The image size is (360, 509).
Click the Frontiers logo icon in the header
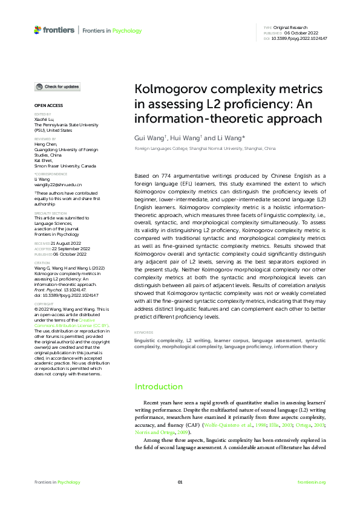pos(38,30)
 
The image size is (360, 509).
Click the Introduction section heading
pos(159,386)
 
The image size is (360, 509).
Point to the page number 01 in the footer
pos(180,482)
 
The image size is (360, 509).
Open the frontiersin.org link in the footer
pos(312,482)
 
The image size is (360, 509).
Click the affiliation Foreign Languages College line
pos(205,148)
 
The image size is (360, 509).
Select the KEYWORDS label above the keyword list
pos(144,332)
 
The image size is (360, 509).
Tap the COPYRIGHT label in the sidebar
pos(44,304)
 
